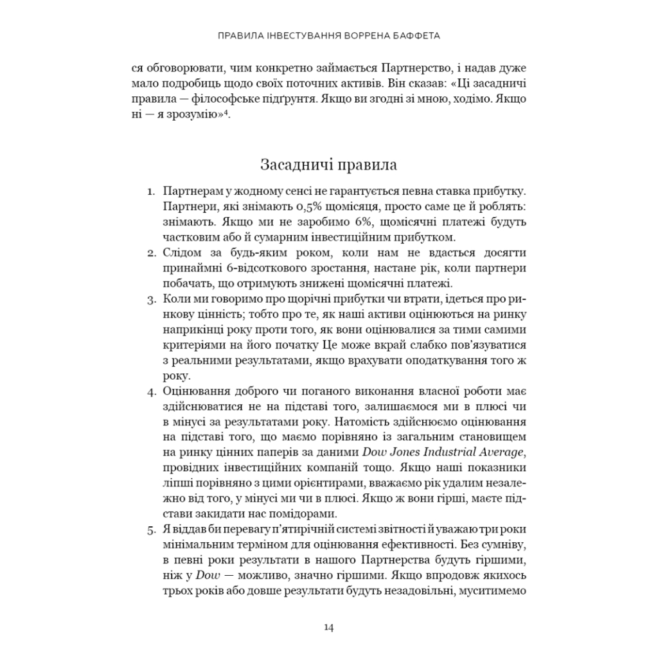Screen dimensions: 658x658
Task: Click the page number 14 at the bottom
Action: [x=328, y=628]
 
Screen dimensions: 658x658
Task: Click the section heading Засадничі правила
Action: [x=328, y=164]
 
